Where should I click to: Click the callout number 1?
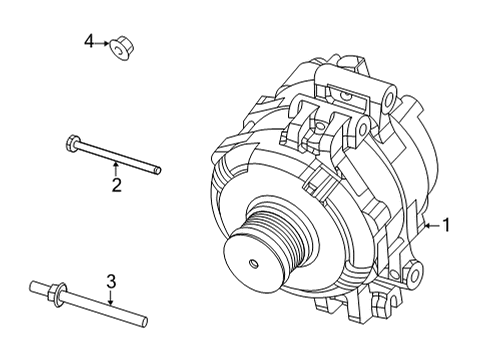tap(446, 226)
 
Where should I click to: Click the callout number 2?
tap(116, 185)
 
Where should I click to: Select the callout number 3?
tap(112, 281)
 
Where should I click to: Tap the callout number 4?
tap(89, 41)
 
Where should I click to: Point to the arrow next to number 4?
tap(103, 43)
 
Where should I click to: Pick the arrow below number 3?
tap(112, 300)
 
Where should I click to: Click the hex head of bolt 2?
tap(71, 141)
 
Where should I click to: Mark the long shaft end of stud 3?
tap(145, 321)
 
